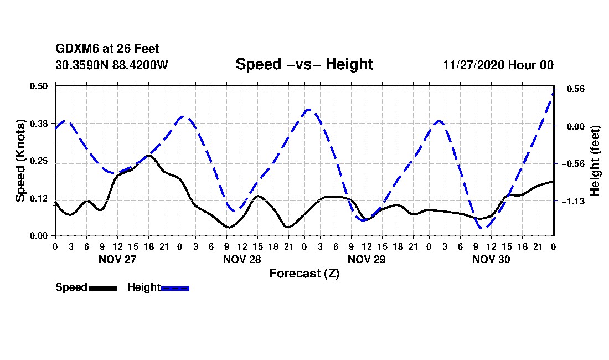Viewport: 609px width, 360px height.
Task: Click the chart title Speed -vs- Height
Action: coord(304,64)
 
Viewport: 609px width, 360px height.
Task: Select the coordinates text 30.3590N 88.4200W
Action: coord(112,65)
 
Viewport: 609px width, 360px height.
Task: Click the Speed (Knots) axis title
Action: coord(20,161)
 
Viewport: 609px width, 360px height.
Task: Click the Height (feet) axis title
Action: coord(595,161)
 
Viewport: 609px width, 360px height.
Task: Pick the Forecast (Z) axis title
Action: coord(304,273)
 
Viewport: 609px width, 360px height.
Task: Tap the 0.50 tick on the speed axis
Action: coord(39,86)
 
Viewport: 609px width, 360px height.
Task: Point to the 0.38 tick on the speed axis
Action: coord(39,124)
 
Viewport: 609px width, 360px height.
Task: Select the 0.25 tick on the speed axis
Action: coord(39,161)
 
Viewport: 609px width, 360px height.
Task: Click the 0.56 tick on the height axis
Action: coord(571,89)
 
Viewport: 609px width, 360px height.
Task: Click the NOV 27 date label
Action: coord(117,259)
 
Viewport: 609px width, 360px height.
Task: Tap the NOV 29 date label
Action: coord(367,259)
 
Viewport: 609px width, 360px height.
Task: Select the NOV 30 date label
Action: coord(491,259)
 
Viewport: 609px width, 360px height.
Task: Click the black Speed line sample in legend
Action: coord(103,288)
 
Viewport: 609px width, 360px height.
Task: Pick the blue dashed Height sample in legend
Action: coord(175,288)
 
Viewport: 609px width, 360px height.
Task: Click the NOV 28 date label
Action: coord(242,259)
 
